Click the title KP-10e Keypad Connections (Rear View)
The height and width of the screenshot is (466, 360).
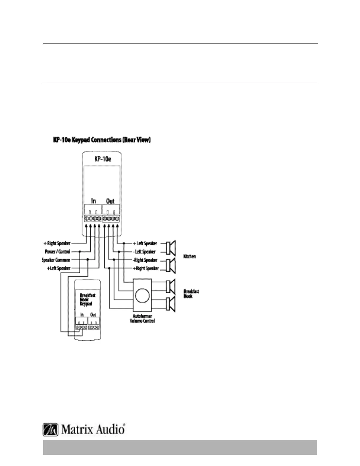[102, 140]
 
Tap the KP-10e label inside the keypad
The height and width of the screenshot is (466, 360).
[103, 159]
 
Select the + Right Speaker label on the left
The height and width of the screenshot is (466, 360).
[57, 243]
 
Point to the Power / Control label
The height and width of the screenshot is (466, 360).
[58, 252]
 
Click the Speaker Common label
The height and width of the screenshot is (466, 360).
[56, 260]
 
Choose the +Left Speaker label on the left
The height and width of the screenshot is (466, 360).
[59, 268]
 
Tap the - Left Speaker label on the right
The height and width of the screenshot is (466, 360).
[144, 252]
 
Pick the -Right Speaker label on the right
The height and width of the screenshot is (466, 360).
[145, 260]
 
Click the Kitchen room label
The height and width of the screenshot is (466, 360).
[189, 256]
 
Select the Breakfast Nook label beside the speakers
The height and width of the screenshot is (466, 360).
[191, 294]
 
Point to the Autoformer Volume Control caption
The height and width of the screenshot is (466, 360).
[142, 318]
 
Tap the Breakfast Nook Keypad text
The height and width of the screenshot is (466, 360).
[87, 299]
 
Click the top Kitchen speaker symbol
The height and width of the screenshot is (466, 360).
[171, 248]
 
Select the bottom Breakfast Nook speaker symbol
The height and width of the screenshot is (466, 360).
[171, 304]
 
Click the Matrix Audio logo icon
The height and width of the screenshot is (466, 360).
[50, 430]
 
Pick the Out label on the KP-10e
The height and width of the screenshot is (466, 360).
[110, 201]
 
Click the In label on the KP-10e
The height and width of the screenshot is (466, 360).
[94, 201]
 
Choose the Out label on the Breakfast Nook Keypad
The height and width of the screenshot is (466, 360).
[93, 314]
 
